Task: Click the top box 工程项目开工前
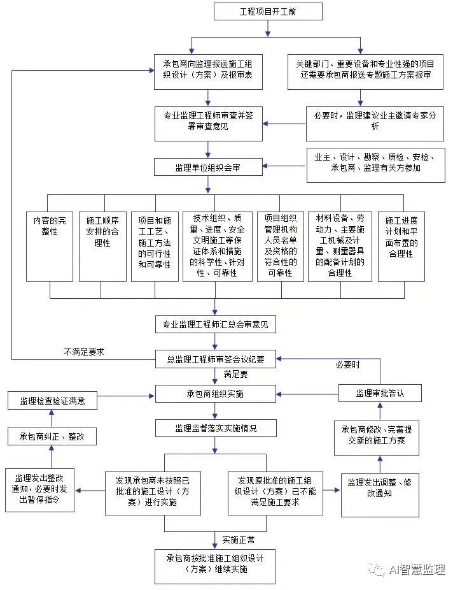(268, 11)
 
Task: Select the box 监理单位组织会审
(209, 167)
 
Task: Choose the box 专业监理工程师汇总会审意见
(216, 324)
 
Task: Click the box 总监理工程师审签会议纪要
(216, 359)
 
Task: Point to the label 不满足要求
(83, 351)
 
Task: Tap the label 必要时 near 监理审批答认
(347, 365)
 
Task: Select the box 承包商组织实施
(216, 394)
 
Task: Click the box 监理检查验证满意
(52, 401)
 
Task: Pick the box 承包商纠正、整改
(52, 436)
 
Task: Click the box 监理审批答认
(379, 393)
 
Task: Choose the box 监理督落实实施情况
(216, 428)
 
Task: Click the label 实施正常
(239, 540)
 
